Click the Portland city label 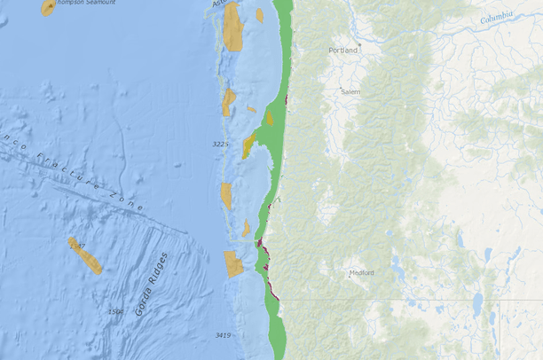point(342,51)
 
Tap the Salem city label point(350,91)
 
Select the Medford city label point(361,273)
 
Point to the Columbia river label point(497,17)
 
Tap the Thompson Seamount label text point(85,4)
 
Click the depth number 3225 point(221,144)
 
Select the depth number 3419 point(223,335)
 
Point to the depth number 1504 point(115,311)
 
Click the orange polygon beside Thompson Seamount point(48,8)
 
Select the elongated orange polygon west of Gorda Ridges point(85,254)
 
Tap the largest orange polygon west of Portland point(232,27)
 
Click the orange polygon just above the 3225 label point(228,102)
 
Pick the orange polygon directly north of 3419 point(233,264)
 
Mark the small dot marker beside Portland point(359,43)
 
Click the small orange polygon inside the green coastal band point(270,118)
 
